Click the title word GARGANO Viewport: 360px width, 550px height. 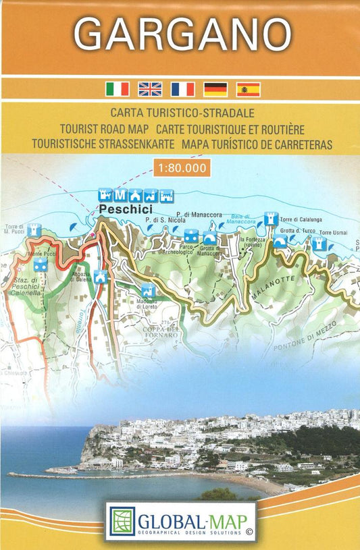point(180,32)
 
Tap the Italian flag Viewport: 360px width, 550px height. point(118,89)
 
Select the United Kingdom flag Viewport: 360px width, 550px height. point(150,89)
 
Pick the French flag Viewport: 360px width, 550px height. point(182,89)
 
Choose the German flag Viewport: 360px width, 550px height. point(215,89)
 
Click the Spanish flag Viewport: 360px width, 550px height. point(248,89)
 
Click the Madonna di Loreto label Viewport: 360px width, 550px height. point(147,304)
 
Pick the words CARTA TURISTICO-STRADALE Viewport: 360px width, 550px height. point(180,113)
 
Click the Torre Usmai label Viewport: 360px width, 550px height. point(334,232)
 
